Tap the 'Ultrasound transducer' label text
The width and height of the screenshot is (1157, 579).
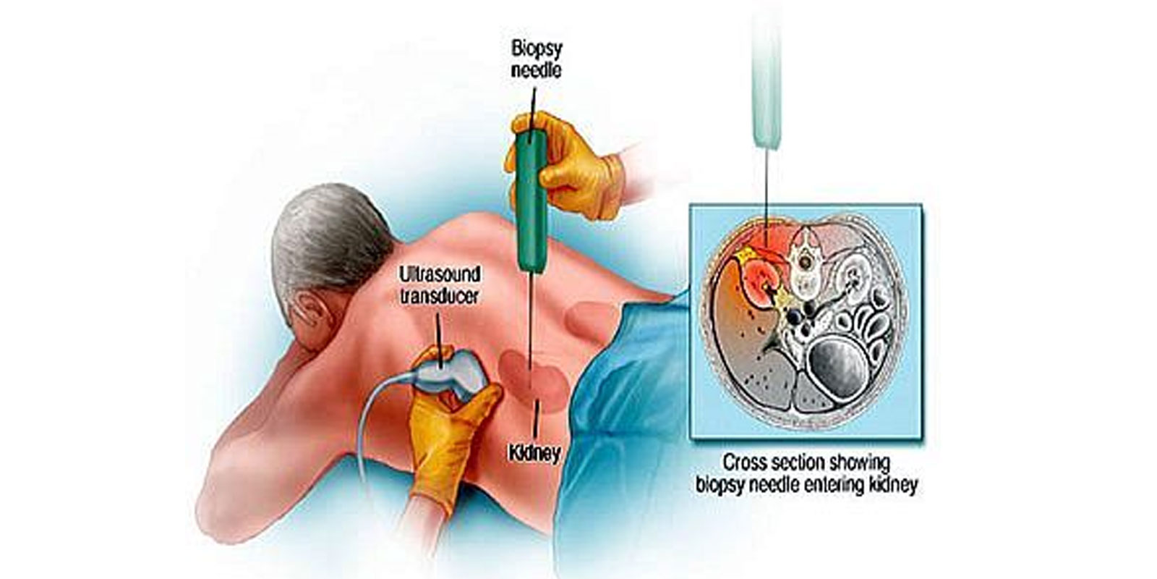point(440,285)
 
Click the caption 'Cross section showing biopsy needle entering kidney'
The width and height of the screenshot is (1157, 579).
point(806,473)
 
